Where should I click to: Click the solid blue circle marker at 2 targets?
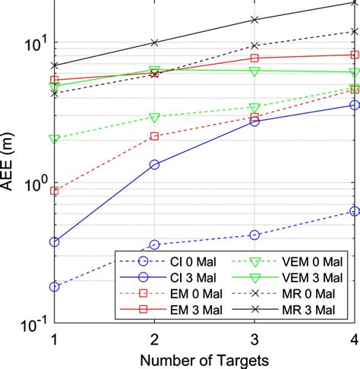click(x=154, y=164)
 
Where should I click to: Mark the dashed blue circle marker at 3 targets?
click(x=254, y=235)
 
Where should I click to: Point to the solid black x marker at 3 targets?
click(x=254, y=20)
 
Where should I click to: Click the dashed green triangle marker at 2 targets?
click(x=154, y=118)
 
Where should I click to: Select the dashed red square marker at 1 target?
click(x=54, y=191)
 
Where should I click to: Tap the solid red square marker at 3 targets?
click(x=254, y=58)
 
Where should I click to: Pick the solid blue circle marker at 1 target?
click(x=54, y=242)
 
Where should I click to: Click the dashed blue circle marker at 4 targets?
click(x=354, y=211)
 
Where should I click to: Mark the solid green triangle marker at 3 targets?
click(x=254, y=71)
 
